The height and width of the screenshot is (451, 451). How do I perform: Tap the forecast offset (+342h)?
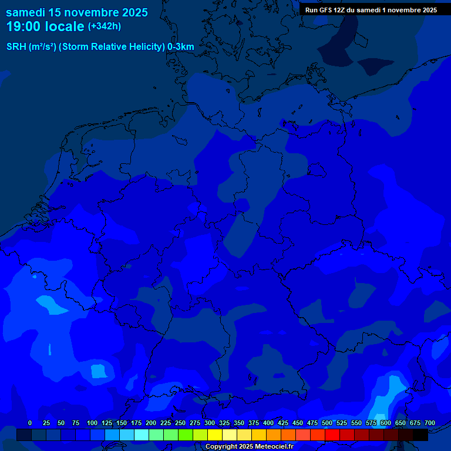[104, 26]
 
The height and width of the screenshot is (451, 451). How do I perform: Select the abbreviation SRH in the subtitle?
[16, 47]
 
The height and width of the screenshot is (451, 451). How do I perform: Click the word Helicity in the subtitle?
[144, 47]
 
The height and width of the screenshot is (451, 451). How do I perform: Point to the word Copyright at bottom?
[221, 447]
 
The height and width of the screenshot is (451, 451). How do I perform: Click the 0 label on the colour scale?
[30, 423]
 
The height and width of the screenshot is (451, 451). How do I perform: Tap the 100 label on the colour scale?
[92, 423]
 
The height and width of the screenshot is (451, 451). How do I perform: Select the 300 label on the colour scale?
[210, 423]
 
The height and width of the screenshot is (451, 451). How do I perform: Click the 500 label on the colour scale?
[327, 423]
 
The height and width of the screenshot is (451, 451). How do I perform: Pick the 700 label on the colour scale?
[430, 423]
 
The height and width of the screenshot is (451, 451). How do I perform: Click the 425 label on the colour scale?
[283, 423]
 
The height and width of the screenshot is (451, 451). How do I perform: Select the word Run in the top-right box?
[312, 10]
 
